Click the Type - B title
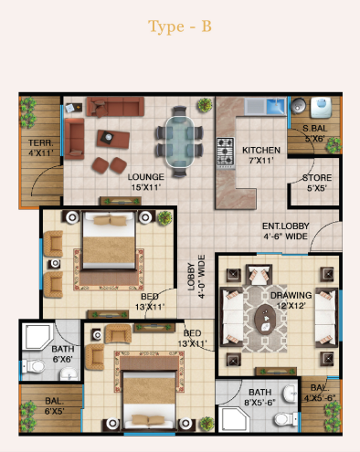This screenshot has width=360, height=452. tap(180, 26)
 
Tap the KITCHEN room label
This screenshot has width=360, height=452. tap(261, 151)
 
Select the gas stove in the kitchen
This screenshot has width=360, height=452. tap(226, 152)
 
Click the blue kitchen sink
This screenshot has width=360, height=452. tap(276, 106)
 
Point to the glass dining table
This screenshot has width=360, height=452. tap(180, 142)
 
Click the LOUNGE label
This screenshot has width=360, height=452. tap(145, 177)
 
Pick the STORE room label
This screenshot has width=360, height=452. tap(317, 178)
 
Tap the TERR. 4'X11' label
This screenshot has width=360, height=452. tap(41, 148)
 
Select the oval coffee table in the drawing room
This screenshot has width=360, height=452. tap(265, 320)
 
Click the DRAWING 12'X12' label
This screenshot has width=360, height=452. tap(291, 300)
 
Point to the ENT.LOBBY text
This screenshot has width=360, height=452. tap(286, 226)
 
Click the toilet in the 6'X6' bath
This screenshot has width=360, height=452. tap(34, 365)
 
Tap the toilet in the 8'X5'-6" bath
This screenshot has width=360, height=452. tap(286, 419)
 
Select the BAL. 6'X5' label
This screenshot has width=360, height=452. tap(54, 406)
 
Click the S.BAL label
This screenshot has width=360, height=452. tap(314, 129)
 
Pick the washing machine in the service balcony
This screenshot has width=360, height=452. tap(321, 108)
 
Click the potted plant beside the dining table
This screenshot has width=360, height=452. tap(205, 105)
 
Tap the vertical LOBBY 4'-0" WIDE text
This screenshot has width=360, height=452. tap(196, 277)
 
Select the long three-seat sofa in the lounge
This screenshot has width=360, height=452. tap(115, 107)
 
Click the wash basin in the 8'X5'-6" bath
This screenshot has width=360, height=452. tap(290, 393)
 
